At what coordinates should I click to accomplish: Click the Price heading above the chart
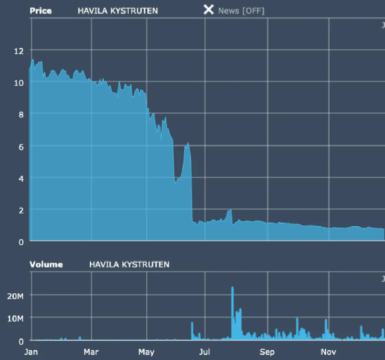click(40, 10)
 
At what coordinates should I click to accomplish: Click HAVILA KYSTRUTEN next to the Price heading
click(117, 11)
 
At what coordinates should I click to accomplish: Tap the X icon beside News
click(208, 10)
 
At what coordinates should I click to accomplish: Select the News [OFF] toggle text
click(241, 11)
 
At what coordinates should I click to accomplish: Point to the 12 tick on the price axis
click(18, 51)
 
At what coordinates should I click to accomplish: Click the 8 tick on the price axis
click(22, 114)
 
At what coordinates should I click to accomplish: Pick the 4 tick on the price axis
click(22, 178)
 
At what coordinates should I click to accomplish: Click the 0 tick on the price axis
click(22, 242)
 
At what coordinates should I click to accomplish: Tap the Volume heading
click(46, 264)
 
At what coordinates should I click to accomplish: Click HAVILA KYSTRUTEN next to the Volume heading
click(129, 264)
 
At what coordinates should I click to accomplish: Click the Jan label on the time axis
click(31, 352)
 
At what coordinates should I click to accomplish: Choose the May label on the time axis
click(146, 352)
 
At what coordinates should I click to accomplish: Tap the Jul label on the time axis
click(204, 352)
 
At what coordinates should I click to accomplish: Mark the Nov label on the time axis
click(328, 352)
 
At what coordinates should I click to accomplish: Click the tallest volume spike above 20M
click(232, 288)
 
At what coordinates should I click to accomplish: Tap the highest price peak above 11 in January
click(33, 60)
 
